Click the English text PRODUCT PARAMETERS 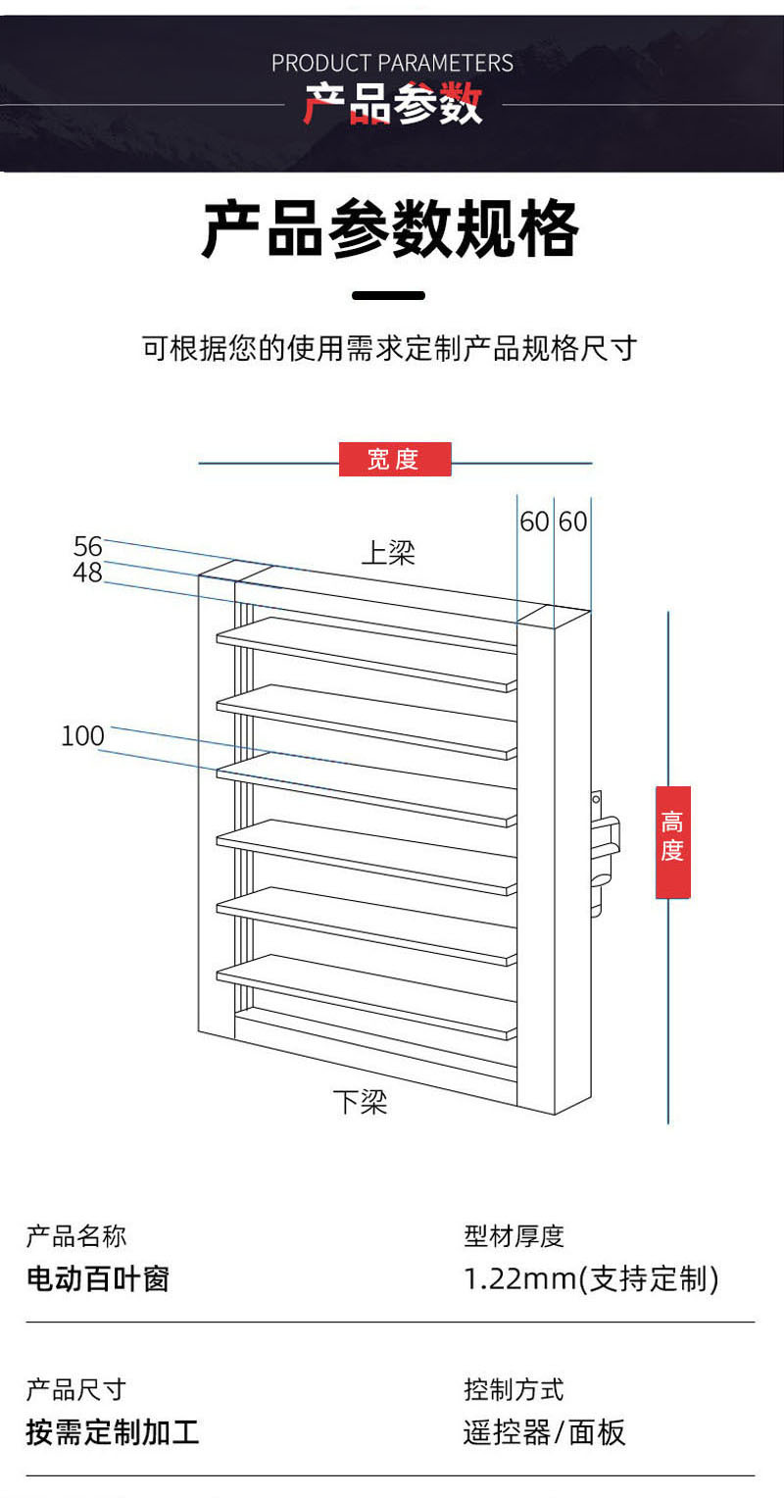392,64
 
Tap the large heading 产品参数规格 390,230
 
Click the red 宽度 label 394,459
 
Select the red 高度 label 672,841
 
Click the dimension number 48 87,574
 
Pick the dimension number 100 82,736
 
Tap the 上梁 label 388,554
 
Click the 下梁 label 360,1102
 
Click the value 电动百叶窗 97,1279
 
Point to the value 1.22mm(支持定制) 591,1279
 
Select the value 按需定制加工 112,1432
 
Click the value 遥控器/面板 544,1432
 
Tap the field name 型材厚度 514,1236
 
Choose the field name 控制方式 514,1389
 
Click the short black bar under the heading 388,295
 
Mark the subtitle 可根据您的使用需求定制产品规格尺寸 390,348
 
